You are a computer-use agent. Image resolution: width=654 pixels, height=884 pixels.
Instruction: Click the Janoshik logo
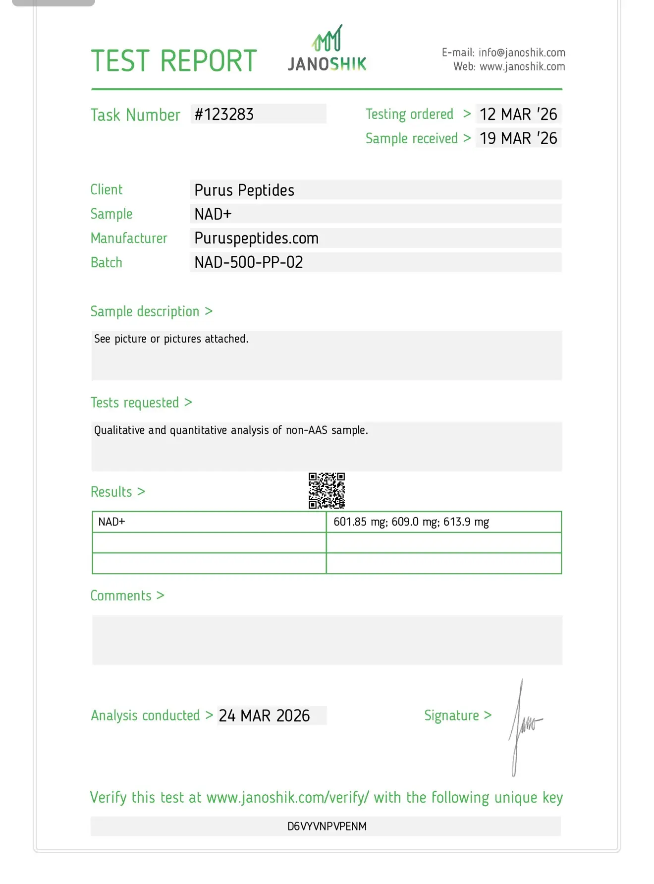click(x=327, y=50)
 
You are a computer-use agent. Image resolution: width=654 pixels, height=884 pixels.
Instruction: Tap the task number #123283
click(x=224, y=115)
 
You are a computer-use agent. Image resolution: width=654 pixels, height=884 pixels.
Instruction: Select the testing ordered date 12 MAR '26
click(x=518, y=115)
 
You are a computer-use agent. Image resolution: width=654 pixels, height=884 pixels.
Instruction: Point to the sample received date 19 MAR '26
click(x=518, y=138)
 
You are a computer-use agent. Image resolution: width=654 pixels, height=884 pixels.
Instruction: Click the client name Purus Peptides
click(x=244, y=190)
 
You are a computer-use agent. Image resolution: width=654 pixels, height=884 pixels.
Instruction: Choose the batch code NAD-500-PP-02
click(x=249, y=262)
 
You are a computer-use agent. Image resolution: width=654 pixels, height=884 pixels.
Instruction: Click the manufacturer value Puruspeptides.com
click(x=256, y=238)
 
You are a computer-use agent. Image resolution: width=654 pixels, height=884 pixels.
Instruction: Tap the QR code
click(x=327, y=491)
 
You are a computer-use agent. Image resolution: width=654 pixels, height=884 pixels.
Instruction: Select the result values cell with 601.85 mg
click(x=411, y=522)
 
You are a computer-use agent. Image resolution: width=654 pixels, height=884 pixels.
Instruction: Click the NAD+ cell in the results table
click(x=112, y=522)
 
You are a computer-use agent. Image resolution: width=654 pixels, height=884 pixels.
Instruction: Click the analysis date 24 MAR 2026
click(x=264, y=716)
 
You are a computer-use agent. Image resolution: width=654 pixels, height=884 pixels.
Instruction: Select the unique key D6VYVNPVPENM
click(x=327, y=826)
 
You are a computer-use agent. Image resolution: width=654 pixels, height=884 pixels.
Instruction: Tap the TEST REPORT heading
click(x=174, y=61)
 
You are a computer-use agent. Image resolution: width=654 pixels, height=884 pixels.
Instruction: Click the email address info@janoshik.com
click(x=522, y=53)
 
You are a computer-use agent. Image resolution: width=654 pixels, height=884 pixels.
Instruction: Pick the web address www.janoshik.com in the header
click(x=522, y=66)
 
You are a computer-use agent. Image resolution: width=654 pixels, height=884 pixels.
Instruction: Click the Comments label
click(x=121, y=595)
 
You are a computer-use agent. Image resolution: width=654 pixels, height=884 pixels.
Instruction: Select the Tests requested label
click(x=135, y=403)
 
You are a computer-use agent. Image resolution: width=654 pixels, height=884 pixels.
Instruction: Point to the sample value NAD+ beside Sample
click(x=213, y=214)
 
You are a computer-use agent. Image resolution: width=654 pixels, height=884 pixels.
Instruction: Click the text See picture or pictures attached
click(x=171, y=339)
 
